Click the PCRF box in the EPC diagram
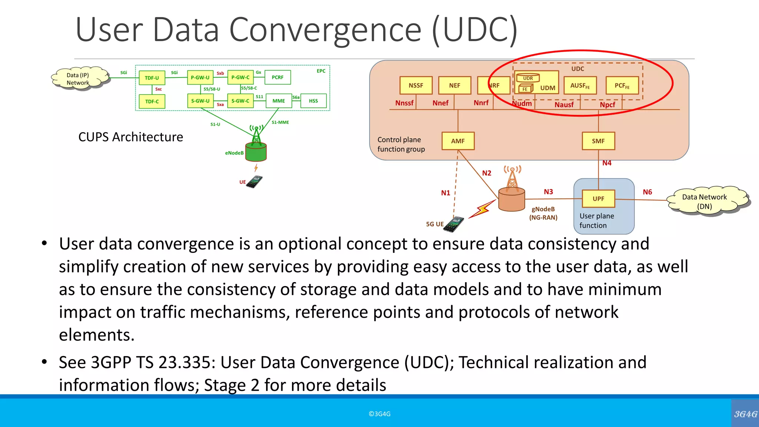[x=278, y=77]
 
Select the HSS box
[x=313, y=101]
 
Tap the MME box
[x=279, y=101]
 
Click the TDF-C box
[x=152, y=101]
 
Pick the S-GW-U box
[x=200, y=101]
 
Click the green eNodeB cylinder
[x=256, y=152]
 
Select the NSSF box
[x=416, y=85]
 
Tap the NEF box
[x=454, y=85]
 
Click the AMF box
[x=458, y=141]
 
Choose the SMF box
[x=598, y=141]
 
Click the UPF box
[x=598, y=199]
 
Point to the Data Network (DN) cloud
[x=706, y=201]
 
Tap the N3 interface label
[x=548, y=192]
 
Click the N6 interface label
[x=647, y=192]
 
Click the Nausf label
[x=564, y=105]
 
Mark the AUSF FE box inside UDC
[x=580, y=86]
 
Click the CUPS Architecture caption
[x=130, y=137]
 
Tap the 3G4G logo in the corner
[x=745, y=414]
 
